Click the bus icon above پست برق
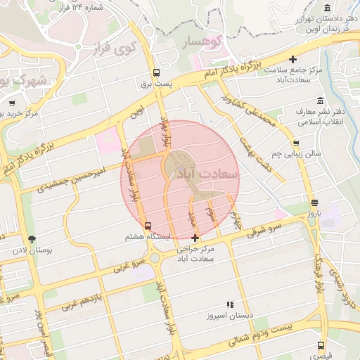(156, 72)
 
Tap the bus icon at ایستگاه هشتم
(148, 226)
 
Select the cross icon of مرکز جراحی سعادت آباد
(195, 238)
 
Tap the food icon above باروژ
(314, 202)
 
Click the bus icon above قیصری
(321, 345)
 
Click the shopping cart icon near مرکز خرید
(12, 103)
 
